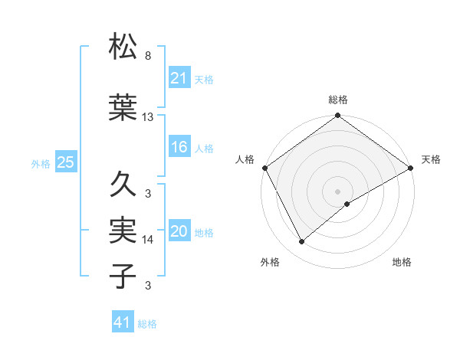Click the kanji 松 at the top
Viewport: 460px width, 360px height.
pyautogui.click(x=123, y=47)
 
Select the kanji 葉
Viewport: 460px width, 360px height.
pyautogui.click(x=123, y=108)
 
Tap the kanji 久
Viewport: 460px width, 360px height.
pyautogui.click(x=123, y=185)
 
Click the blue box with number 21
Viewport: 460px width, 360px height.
pyautogui.click(x=179, y=77)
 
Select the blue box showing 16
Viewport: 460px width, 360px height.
pyautogui.click(x=179, y=147)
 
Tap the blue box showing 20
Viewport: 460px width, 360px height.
pyautogui.click(x=179, y=231)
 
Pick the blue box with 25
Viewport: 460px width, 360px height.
pyautogui.click(x=65, y=162)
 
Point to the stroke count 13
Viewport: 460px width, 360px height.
pyautogui.click(x=148, y=117)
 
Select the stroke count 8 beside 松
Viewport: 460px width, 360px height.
pyautogui.click(x=148, y=56)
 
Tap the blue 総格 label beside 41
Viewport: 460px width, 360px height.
pyautogui.click(x=147, y=324)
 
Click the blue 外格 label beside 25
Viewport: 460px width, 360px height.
pyautogui.click(x=41, y=163)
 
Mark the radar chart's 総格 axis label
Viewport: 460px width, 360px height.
pyautogui.click(x=337, y=100)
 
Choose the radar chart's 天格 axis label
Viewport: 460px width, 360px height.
pyautogui.click(x=431, y=159)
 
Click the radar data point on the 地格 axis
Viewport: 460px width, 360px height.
pyautogui.click(x=347, y=204)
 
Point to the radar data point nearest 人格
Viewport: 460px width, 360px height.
pyautogui.click(x=264, y=167)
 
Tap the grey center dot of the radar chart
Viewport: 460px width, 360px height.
pyautogui.click(x=337, y=190)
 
